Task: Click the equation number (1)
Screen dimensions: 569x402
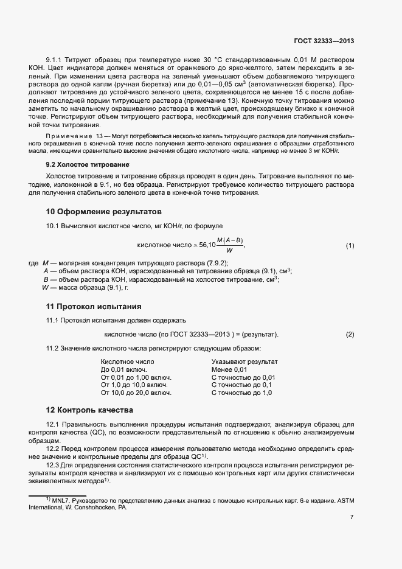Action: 350,245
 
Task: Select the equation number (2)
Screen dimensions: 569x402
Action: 350,335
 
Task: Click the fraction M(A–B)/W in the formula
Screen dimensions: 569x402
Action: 229,245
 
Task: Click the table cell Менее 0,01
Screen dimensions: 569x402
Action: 229,369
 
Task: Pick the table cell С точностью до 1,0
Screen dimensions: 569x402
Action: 241,393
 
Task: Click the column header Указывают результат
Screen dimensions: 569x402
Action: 244,361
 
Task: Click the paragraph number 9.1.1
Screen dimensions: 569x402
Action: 55,60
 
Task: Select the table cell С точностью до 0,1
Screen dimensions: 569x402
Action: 241,385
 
